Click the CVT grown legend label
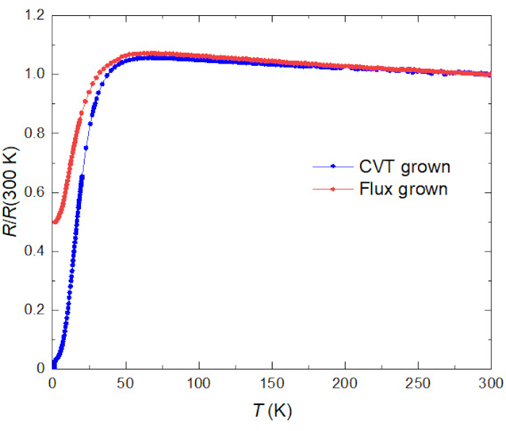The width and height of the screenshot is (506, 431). coord(405,166)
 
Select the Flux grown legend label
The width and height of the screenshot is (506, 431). coord(403,189)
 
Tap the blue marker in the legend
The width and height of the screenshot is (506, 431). coord(333,166)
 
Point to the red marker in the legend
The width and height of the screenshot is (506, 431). coord(333,189)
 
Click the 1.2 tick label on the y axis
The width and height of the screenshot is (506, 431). coord(34,15)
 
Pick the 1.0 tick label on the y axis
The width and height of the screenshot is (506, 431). coord(34,74)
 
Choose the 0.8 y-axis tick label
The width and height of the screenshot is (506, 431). coord(34,133)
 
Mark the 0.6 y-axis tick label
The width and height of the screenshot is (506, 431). coord(34,192)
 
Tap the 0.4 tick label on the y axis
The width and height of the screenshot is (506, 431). coord(34,251)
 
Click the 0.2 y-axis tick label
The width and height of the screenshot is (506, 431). coord(34,310)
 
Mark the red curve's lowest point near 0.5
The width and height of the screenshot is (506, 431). coord(54,221)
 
